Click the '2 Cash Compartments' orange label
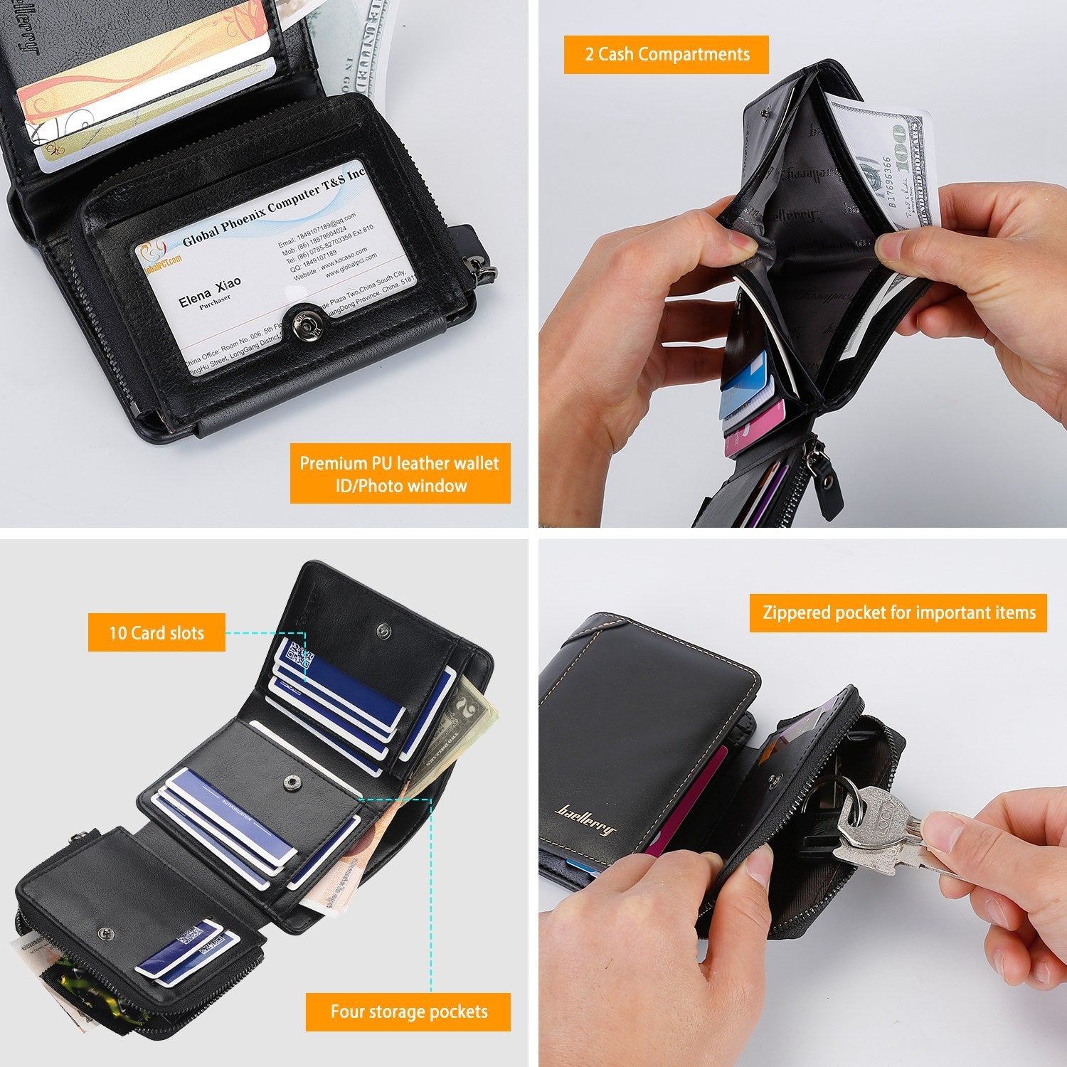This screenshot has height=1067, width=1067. coord(666,55)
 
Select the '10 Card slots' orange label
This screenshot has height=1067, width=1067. coord(156,632)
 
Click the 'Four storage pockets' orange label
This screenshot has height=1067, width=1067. coord(408,1012)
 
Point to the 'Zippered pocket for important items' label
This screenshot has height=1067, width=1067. coord(898,612)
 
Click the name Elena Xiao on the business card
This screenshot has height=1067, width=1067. coord(210,290)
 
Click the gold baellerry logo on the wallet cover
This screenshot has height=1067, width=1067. coord(585,818)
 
